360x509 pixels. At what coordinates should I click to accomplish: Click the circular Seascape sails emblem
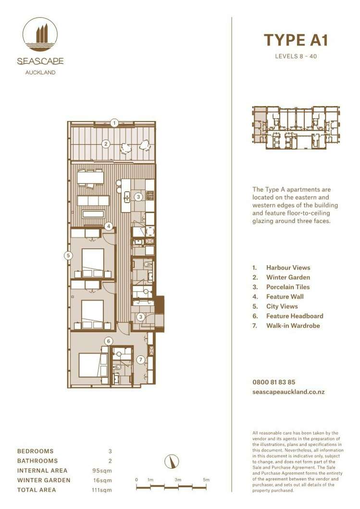pos(40,35)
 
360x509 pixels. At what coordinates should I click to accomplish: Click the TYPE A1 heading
pos(296,40)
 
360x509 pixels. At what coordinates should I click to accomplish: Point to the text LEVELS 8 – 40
pos(296,56)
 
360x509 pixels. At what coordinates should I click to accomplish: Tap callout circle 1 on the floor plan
pos(114,123)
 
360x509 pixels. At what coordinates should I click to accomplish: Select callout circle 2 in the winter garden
pos(106,143)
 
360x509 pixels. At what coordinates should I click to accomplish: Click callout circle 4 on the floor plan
pos(109,226)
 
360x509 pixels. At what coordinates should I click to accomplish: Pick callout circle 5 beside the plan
pos(69,255)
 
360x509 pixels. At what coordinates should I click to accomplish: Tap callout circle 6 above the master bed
pos(109,341)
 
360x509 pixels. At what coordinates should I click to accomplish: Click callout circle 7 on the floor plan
pos(140,359)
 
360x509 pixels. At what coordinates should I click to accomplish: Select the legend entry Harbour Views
pos(288,268)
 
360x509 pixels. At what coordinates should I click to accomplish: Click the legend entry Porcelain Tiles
pos(288,287)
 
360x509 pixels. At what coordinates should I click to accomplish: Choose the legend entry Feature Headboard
pos(294,316)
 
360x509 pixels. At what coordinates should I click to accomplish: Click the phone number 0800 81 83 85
pos(273,383)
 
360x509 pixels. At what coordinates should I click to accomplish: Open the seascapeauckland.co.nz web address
pos(288,392)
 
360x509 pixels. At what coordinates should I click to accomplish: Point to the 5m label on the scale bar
pos(206,480)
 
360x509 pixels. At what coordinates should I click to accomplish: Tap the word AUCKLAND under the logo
pos(40,73)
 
